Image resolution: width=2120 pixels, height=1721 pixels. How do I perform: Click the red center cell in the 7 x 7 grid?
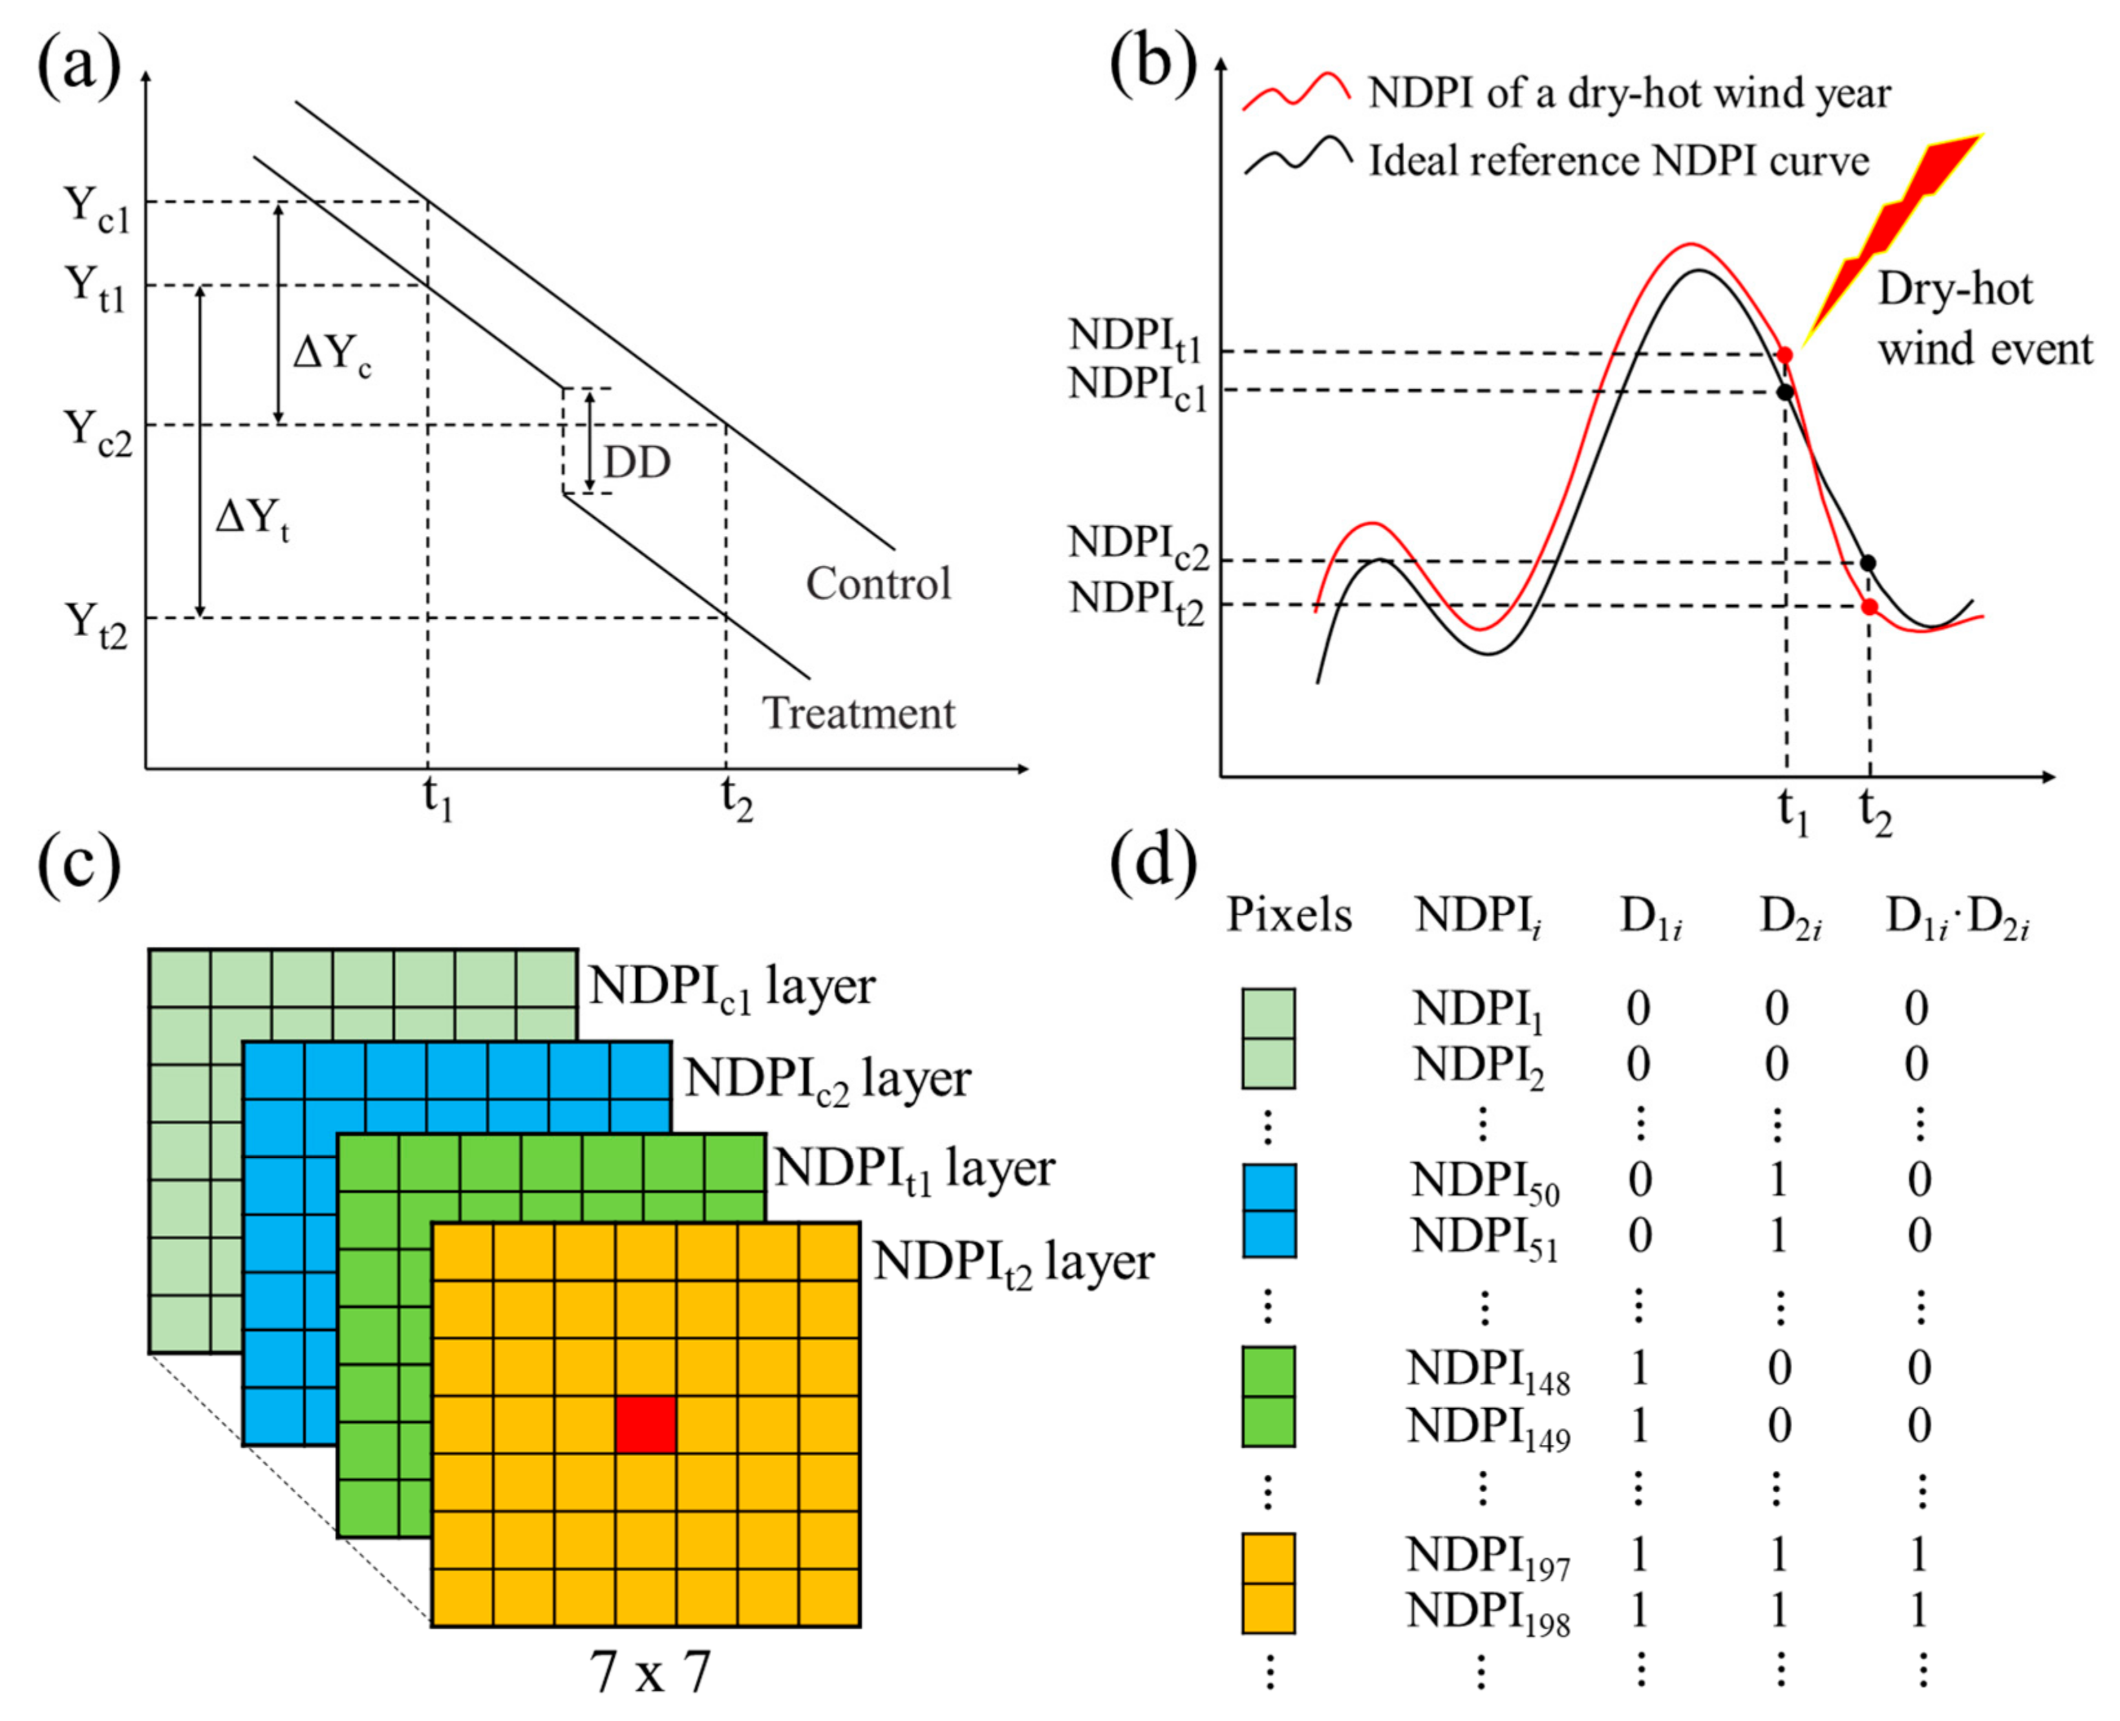tap(645, 1425)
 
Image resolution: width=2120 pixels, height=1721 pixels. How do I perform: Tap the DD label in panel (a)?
tap(637, 463)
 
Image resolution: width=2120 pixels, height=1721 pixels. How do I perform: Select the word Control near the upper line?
tap(877, 584)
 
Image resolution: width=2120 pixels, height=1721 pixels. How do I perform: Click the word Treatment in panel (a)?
tap(858, 714)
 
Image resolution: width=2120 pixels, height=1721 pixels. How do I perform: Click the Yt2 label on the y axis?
tap(96, 625)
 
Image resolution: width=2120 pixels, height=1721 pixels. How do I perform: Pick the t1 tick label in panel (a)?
tap(437, 799)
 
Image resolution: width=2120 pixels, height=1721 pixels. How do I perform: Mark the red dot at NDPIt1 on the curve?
tap(1785, 354)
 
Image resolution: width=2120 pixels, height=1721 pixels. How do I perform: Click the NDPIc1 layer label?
tap(732, 987)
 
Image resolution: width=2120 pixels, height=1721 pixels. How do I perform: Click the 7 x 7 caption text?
tap(650, 1671)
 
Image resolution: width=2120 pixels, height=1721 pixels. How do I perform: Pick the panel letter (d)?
tap(1153, 862)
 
